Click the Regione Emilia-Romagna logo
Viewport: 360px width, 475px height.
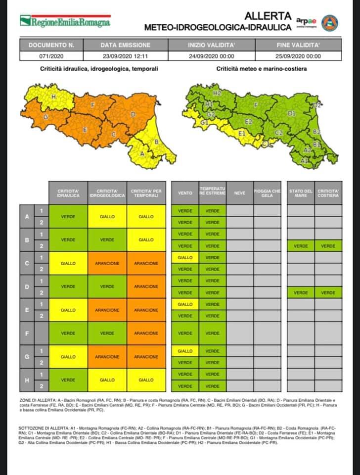tap(65, 21)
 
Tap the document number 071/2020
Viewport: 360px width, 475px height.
tap(51, 56)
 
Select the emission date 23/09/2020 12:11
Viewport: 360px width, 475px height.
tap(125, 56)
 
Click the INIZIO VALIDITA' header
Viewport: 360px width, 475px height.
tap(211, 45)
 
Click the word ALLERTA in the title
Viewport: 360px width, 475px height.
tap(268, 16)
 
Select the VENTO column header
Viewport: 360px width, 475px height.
tap(184, 193)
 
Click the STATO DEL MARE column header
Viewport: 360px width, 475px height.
tap(301, 193)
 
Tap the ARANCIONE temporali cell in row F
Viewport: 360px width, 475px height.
tap(146, 333)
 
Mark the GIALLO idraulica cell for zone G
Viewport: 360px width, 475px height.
tap(68, 357)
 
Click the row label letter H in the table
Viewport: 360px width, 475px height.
tap(26, 380)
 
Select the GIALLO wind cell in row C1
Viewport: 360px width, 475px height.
tap(184, 258)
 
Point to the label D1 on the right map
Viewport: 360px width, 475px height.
tap(291, 113)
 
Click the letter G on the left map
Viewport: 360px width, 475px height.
tap(45, 117)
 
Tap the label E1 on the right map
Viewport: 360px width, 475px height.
tap(242, 134)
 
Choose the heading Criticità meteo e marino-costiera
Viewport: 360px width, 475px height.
tap(261, 69)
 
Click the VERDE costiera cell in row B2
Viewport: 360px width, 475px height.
tap(328, 246)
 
